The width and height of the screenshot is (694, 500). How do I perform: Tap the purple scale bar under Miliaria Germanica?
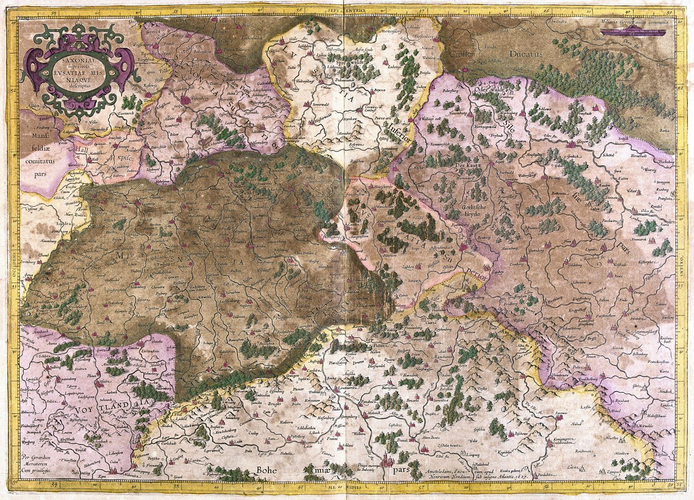point(633,31)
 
